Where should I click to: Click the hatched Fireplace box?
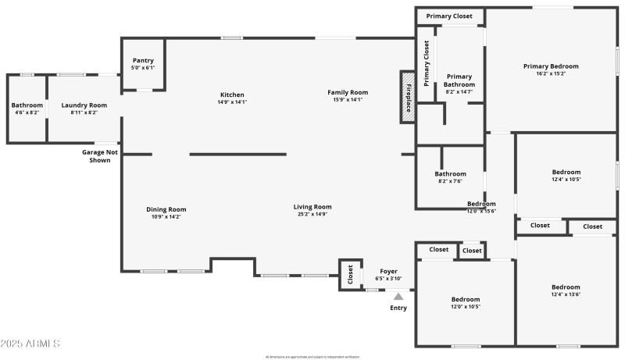pyautogui.click(x=407, y=97)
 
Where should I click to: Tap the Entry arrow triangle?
pyautogui.click(x=398, y=296)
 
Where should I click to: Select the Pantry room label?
pyautogui.click(x=143, y=60)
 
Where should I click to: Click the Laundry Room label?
pyautogui.click(x=84, y=105)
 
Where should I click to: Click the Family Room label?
pyautogui.click(x=347, y=92)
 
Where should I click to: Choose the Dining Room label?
pyautogui.click(x=166, y=209)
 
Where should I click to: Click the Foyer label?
pyautogui.click(x=388, y=271)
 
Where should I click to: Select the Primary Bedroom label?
pyautogui.click(x=551, y=66)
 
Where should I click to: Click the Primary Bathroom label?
pyautogui.click(x=459, y=80)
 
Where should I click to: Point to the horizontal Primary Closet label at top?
pyautogui.click(x=450, y=16)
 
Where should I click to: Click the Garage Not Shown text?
pyautogui.click(x=100, y=155)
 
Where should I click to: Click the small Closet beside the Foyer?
pyautogui.click(x=351, y=274)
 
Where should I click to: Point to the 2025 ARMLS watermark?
pyautogui.click(x=31, y=344)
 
